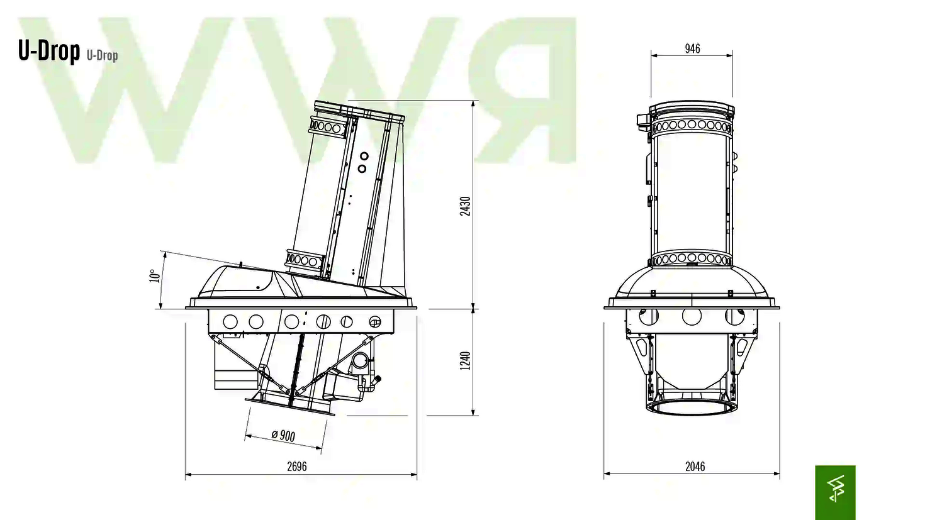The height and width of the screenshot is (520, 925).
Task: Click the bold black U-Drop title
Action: click(x=48, y=51)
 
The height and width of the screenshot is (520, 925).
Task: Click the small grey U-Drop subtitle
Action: click(x=102, y=55)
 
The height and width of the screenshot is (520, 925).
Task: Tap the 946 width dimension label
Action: click(x=693, y=48)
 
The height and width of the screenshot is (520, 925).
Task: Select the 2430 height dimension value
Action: click(x=466, y=206)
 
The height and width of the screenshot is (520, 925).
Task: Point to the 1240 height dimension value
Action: click(x=466, y=361)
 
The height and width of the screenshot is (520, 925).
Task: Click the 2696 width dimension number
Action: click(x=297, y=467)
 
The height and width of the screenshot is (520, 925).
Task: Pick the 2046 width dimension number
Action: click(x=695, y=467)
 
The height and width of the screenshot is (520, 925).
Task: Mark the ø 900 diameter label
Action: click(x=283, y=435)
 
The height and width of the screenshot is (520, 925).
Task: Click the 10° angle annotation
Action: click(x=154, y=275)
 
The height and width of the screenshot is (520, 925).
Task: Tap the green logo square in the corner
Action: click(x=835, y=492)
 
